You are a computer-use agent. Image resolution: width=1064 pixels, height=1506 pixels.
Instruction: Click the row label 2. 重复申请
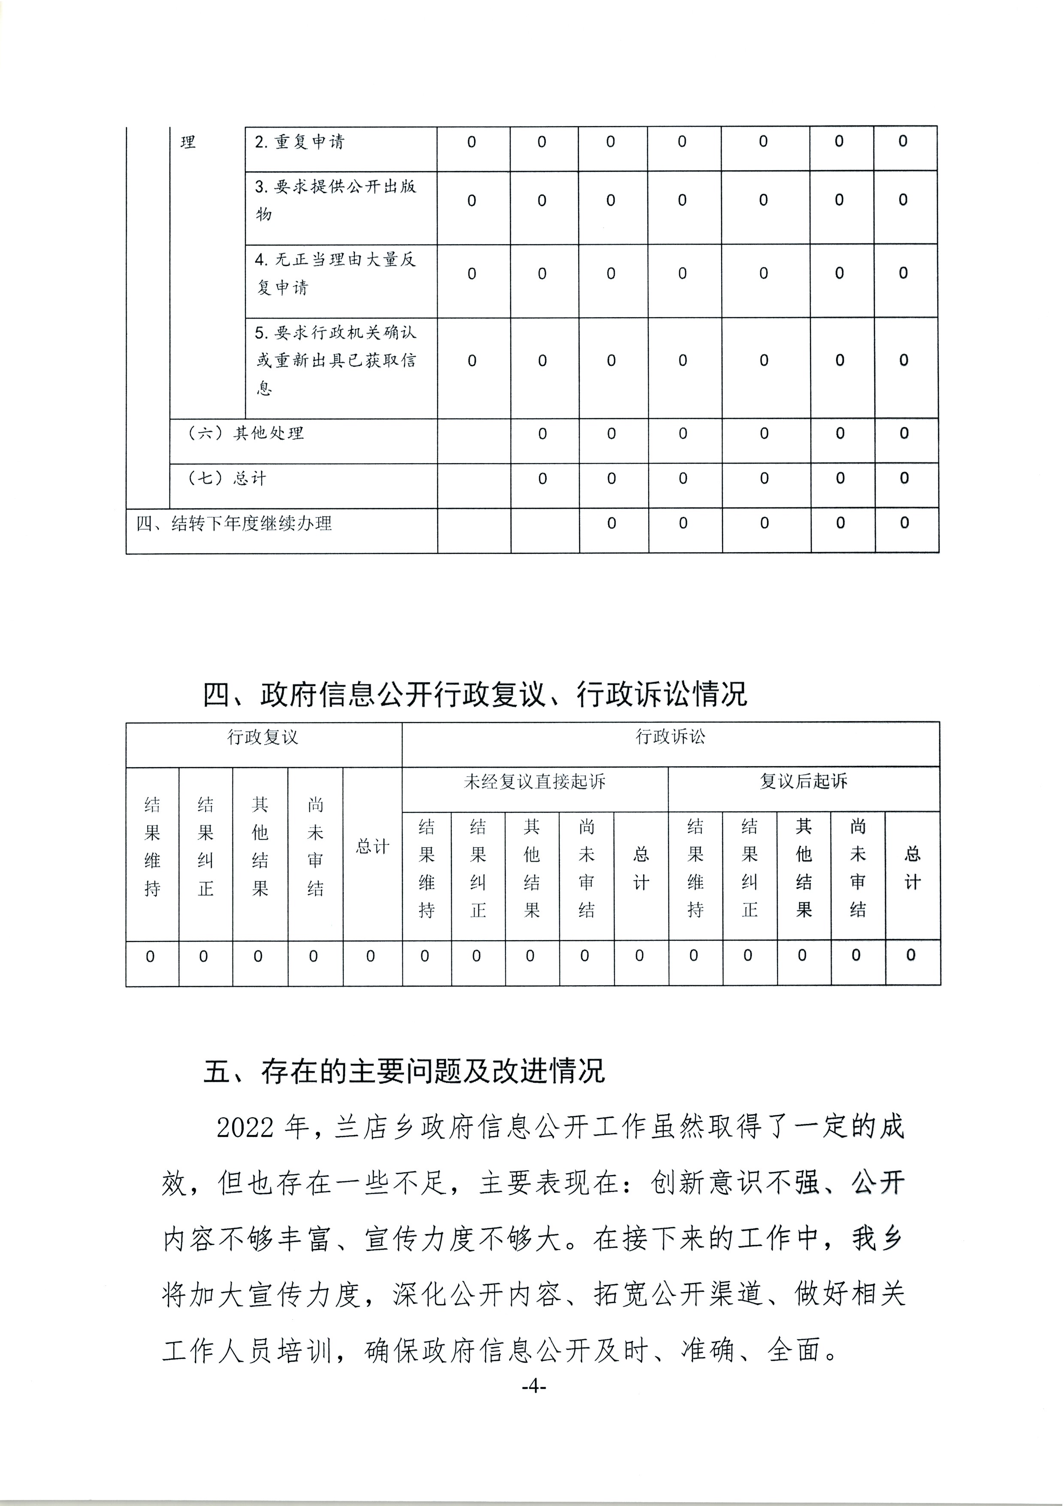299,143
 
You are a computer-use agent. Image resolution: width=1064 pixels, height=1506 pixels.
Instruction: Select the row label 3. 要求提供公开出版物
335,200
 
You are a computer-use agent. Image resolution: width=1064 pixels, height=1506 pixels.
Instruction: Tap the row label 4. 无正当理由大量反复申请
335,273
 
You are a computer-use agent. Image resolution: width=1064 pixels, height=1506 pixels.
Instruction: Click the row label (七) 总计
227,479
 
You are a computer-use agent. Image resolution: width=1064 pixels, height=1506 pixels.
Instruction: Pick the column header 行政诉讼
670,737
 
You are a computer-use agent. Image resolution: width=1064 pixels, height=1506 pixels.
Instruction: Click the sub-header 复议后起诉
803,782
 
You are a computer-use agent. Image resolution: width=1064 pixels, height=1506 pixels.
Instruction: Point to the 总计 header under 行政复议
372,847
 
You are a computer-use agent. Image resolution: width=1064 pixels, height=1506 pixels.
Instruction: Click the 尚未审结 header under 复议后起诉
858,868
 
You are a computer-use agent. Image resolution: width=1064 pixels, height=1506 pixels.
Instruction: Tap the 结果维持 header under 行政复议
152,847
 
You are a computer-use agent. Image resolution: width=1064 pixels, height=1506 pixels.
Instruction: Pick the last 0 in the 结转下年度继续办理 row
904,523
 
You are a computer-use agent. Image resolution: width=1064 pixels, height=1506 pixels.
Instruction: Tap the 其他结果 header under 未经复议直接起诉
532,868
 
